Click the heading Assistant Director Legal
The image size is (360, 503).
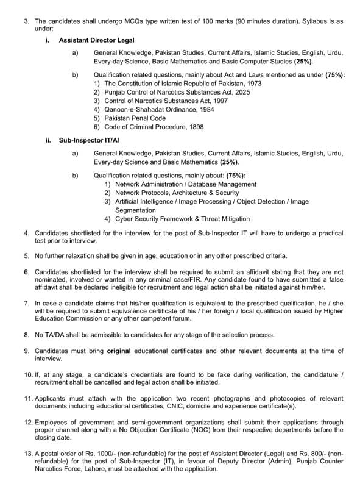pyautogui.click(x=93, y=40)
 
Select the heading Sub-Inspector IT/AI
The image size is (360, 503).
pyautogui.click(x=85, y=140)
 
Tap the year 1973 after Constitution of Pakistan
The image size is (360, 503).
pyautogui.click(x=253, y=83)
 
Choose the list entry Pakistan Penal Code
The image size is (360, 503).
pyautogui.click(x=135, y=118)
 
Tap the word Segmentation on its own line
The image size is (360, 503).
pyautogui.click(x=135, y=210)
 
